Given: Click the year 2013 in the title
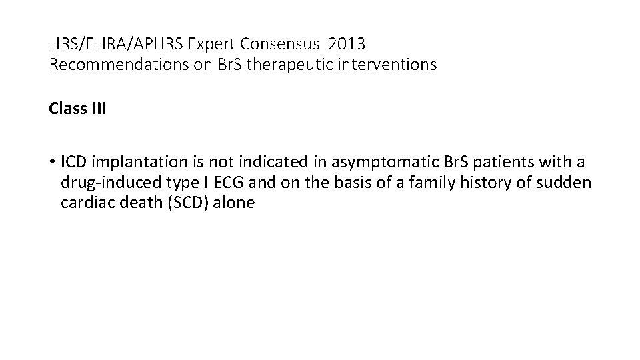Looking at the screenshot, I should [x=347, y=45].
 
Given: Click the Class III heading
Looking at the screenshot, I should [x=77, y=108].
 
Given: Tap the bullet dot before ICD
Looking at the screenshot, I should [x=53, y=162].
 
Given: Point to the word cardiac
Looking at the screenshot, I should [x=82, y=203].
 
